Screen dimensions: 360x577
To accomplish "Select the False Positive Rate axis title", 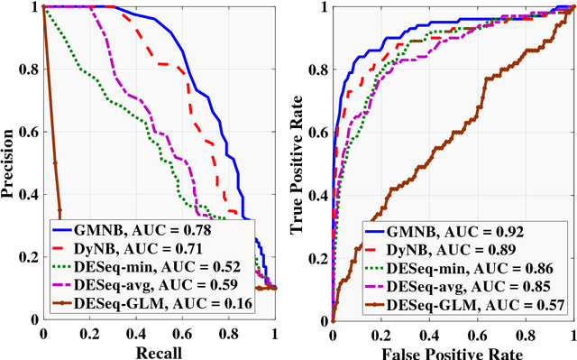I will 450,350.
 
